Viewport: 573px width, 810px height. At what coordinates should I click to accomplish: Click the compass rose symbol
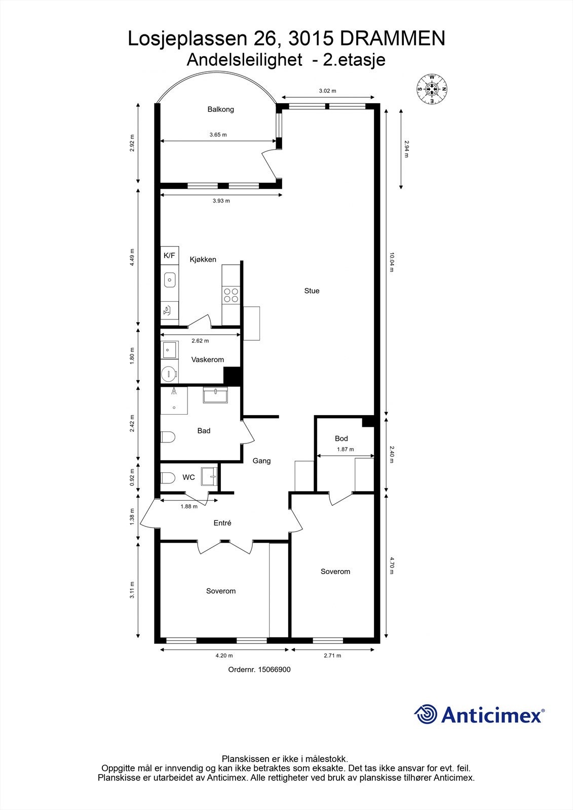pos(432,89)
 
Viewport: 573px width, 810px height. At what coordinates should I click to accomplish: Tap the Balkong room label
pos(220,109)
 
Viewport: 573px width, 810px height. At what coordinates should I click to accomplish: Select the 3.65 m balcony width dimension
pos(218,135)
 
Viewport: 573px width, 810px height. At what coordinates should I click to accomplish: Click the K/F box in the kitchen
pos(169,256)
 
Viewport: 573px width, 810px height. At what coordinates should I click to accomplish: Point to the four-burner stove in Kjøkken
pos(231,295)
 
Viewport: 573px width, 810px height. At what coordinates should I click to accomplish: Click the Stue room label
pos(312,291)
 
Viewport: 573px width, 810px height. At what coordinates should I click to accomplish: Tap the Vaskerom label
pos(207,360)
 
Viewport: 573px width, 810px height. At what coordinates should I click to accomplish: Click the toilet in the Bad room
pos(168,437)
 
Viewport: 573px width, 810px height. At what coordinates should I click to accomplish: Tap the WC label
pos(188,477)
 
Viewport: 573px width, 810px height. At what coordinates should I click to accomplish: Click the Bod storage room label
pos(341,438)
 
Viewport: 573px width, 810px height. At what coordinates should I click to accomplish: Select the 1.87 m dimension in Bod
pos(345,450)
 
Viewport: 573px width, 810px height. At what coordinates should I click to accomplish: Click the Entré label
pos(222,523)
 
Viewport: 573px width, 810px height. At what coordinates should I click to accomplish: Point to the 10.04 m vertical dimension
pos(391,262)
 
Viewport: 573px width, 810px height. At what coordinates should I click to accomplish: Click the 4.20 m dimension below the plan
pos(224,656)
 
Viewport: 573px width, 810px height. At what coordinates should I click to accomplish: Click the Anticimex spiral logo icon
pos(426,714)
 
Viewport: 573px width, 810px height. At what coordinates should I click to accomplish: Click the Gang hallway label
pos(261,461)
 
